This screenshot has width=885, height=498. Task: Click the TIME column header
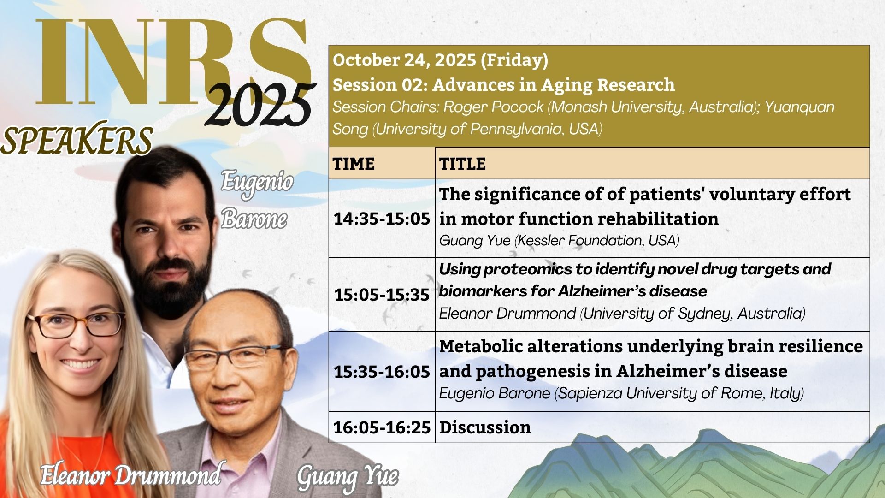click(x=354, y=164)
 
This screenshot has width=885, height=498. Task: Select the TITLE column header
click(x=462, y=164)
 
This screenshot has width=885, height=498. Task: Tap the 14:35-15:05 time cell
click(x=382, y=219)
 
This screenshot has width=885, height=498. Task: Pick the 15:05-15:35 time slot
click(x=382, y=295)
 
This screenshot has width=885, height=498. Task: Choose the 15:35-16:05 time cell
click(x=382, y=372)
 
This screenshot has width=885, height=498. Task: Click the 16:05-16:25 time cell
click(x=382, y=427)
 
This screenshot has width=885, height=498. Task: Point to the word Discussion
click(x=485, y=427)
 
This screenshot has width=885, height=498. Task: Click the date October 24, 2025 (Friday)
click(x=440, y=60)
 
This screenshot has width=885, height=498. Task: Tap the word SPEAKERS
click(x=77, y=140)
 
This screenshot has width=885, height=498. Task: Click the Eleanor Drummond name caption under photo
click(x=130, y=475)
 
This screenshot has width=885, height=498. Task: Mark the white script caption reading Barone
click(x=254, y=219)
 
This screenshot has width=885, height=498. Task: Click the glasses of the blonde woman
click(x=76, y=324)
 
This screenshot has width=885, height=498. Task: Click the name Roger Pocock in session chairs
click(x=493, y=107)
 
